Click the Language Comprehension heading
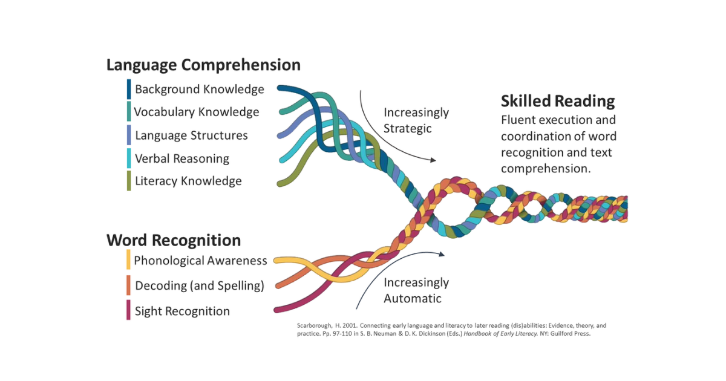point(203,65)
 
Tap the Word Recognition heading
point(174,241)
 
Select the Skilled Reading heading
point(558,101)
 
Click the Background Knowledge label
point(200,89)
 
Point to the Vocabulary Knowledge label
point(197,112)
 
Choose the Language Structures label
point(192,135)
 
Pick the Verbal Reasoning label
point(182,158)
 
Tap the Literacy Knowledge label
point(188,181)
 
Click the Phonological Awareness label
point(201,261)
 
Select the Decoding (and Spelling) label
point(200,285)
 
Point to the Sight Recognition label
point(183,311)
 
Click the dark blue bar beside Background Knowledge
point(129,89)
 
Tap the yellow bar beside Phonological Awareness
point(129,259)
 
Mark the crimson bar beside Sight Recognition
point(129,310)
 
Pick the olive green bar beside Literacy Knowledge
point(129,181)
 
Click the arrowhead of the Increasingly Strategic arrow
point(433,160)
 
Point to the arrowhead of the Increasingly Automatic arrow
point(442,255)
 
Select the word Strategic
point(407,129)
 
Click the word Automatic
point(413,298)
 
